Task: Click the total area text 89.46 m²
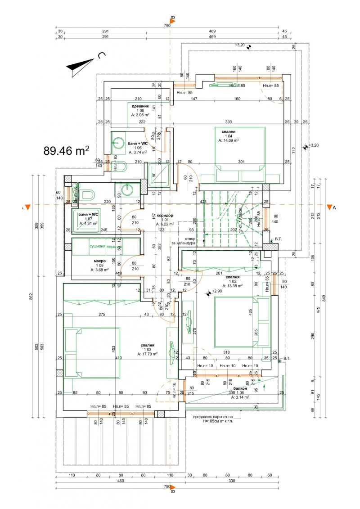point(66,150)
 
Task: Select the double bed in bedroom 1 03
point(93,353)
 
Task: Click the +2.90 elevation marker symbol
point(209,293)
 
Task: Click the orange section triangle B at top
point(173,18)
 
